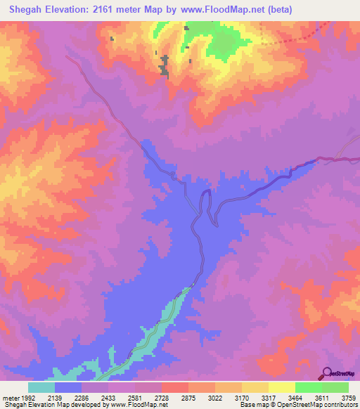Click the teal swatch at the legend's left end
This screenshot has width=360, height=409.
coord(41,387)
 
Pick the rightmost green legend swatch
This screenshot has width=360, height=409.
coord(335,387)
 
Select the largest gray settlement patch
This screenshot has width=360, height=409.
coord(165,64)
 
